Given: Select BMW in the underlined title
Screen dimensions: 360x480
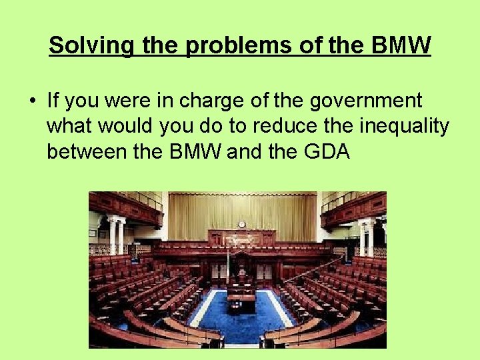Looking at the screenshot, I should click(398, 46).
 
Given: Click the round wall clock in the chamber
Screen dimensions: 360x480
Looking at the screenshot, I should click(241, 225).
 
